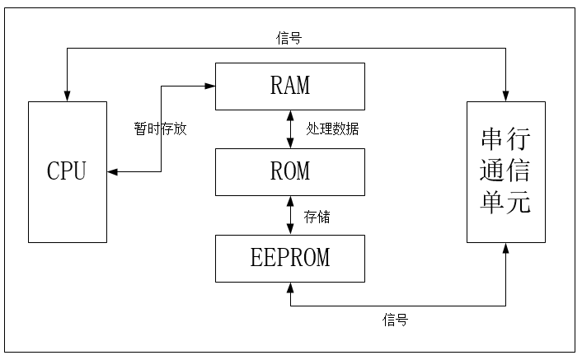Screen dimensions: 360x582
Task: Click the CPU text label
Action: click(x=67, y=171)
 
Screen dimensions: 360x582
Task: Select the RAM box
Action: click(x=289, y=86)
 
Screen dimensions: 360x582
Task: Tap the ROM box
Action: click(x=289, y=171)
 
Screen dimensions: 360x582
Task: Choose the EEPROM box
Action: click(x=289, y=258)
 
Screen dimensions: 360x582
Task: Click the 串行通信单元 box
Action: click(x=505, y=171)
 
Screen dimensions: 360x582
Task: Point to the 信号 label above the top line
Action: click(x=288, y=38)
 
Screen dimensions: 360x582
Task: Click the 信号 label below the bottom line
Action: click(x=395, y=320)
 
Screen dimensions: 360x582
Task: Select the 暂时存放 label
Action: click(x=160, y=129)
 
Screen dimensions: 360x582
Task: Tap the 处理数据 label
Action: click(x=332, y=129)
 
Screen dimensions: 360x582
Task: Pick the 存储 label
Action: click(x=317, y=217)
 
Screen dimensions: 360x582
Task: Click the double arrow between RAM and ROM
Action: click(x=289, y=129)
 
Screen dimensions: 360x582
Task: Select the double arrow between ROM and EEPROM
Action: click(x=289, y=215)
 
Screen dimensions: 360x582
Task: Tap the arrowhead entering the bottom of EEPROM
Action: click(x=289, y=288)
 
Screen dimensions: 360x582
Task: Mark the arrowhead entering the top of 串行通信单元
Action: click(x=505, y=96)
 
